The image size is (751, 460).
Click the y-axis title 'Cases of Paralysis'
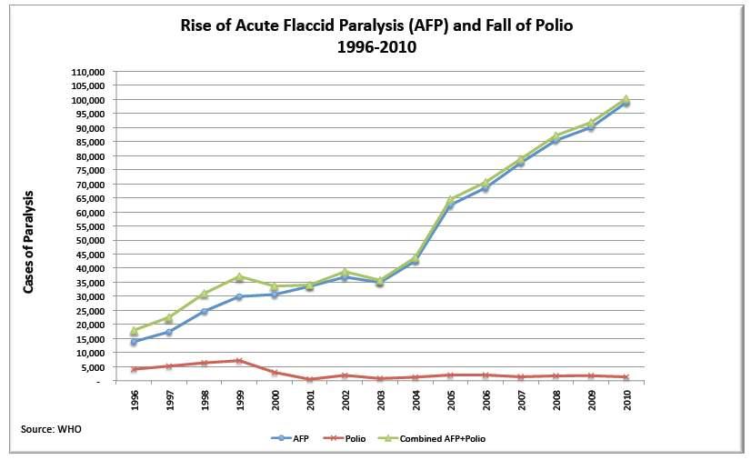click(x=29, y=242)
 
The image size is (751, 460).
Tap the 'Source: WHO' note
click(x=51, y=428)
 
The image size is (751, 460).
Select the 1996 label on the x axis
click(x=135, y=398)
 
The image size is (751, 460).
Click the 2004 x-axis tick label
click(x=415, y=398)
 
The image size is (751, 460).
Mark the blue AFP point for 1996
click(x=134, y=342)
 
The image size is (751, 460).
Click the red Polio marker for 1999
click(x=239, y=361)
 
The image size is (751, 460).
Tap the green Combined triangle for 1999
click(x=239, y=276)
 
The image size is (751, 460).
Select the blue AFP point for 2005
click(x=450, y=205)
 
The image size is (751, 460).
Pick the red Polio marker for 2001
click(x=309, y=379)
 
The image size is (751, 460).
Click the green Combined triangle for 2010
click(x=626, y=99)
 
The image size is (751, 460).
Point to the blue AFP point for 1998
click(x=205, y=311)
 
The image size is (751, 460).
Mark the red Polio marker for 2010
click(x=626, y=377)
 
